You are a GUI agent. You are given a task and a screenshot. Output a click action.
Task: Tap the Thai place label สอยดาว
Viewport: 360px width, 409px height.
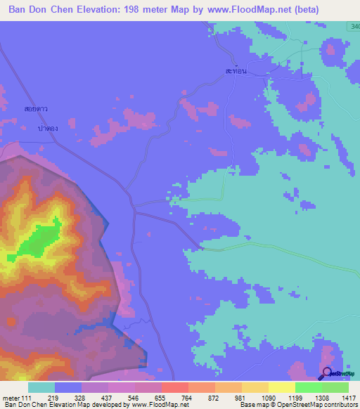[x=35, y=110]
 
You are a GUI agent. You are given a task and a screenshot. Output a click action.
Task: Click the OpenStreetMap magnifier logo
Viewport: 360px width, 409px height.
[x=328, y=373]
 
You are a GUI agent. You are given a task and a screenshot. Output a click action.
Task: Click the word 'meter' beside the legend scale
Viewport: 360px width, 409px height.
[x=11, y=398]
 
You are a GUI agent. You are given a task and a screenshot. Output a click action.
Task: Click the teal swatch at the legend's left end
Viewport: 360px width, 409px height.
[x=41, y=387]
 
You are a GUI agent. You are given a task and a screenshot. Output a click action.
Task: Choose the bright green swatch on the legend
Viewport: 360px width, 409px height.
[x=309, y=387]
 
